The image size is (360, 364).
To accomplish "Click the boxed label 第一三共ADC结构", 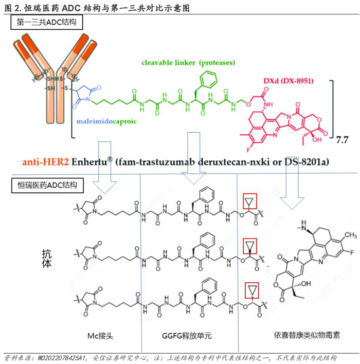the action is pos(46,22).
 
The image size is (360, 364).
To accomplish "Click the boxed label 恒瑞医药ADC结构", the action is pos(47,185).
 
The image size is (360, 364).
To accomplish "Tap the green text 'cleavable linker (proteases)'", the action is pos(188,63).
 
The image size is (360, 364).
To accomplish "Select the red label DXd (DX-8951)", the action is pos(288,81).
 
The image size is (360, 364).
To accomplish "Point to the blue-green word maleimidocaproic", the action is pos(106,121).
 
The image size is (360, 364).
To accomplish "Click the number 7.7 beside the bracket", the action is pos(342,140).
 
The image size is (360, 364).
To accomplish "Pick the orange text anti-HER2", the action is pos(46,161).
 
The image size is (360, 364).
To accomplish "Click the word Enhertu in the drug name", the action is pos(89,161).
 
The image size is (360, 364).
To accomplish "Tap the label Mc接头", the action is pos(100,336).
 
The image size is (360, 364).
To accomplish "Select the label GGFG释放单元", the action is pos(187,336).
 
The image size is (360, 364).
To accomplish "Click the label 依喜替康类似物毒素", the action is pos(307,335).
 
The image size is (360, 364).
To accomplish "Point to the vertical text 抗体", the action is pos(47,259).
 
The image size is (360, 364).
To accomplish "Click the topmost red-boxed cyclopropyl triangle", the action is pos(249,201).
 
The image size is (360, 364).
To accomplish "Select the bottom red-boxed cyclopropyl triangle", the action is pos(252,290).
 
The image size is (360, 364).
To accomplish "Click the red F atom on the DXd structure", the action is pos(248,150).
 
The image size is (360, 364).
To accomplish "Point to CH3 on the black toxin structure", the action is pos(350,235).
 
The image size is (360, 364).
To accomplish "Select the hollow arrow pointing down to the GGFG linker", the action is pos(194,158).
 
